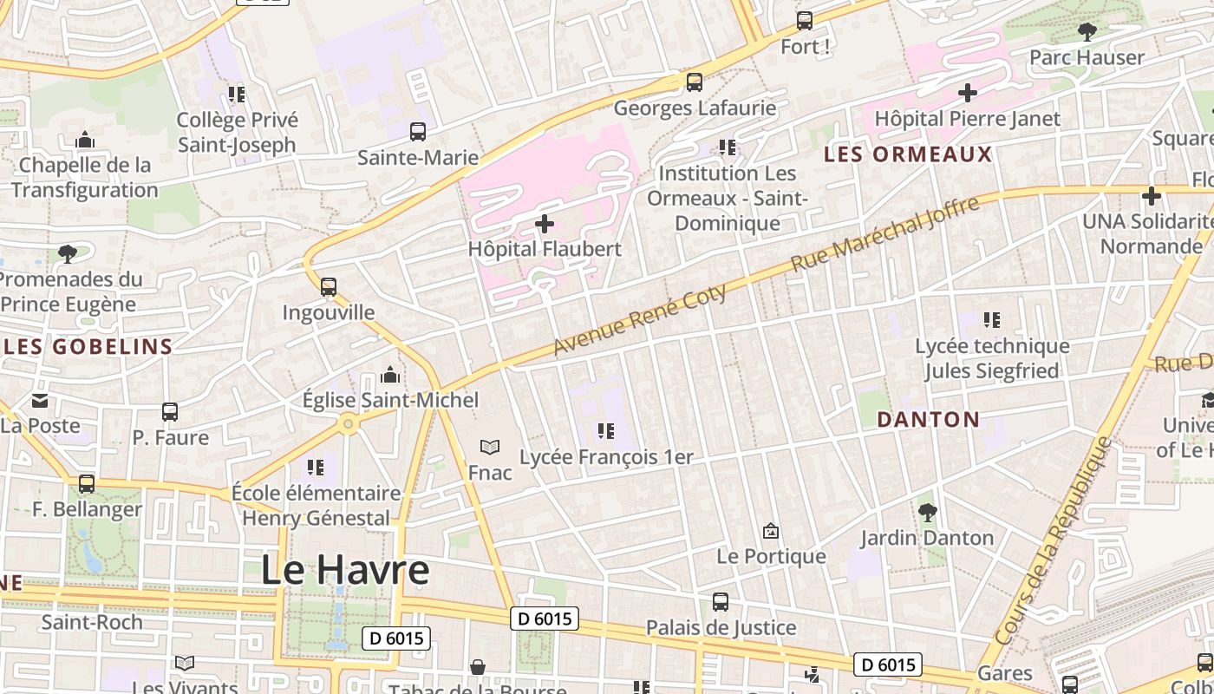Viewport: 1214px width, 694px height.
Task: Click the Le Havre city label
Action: pos(345,570)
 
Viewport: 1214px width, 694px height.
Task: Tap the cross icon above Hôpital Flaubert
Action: pos(545,224)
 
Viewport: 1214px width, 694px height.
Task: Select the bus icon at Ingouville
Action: pos(328,287)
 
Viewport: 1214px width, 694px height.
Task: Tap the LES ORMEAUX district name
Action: pos(908,154)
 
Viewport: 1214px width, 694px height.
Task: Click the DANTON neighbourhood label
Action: pos(928,420)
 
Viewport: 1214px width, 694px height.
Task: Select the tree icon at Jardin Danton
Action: pos(927,513)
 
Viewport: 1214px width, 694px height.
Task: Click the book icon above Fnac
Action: pos(490,448)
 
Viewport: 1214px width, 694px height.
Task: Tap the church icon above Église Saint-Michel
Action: pos(390,375)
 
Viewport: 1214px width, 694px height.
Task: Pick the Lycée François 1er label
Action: pos(607,456)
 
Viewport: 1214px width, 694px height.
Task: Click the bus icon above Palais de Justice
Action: pos(721,602)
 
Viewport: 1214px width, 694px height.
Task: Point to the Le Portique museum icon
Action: pos(770,531)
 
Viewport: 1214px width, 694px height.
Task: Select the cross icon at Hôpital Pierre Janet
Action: pos(968,93)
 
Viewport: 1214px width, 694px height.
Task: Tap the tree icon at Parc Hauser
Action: pos(1087,33)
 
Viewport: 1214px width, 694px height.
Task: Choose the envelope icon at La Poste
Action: pos(40,401)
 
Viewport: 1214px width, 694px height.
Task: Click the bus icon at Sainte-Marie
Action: pos(418,132)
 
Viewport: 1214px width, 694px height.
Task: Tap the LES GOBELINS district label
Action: pos(89,347)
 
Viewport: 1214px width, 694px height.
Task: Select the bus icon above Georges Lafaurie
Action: pos(694,82)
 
